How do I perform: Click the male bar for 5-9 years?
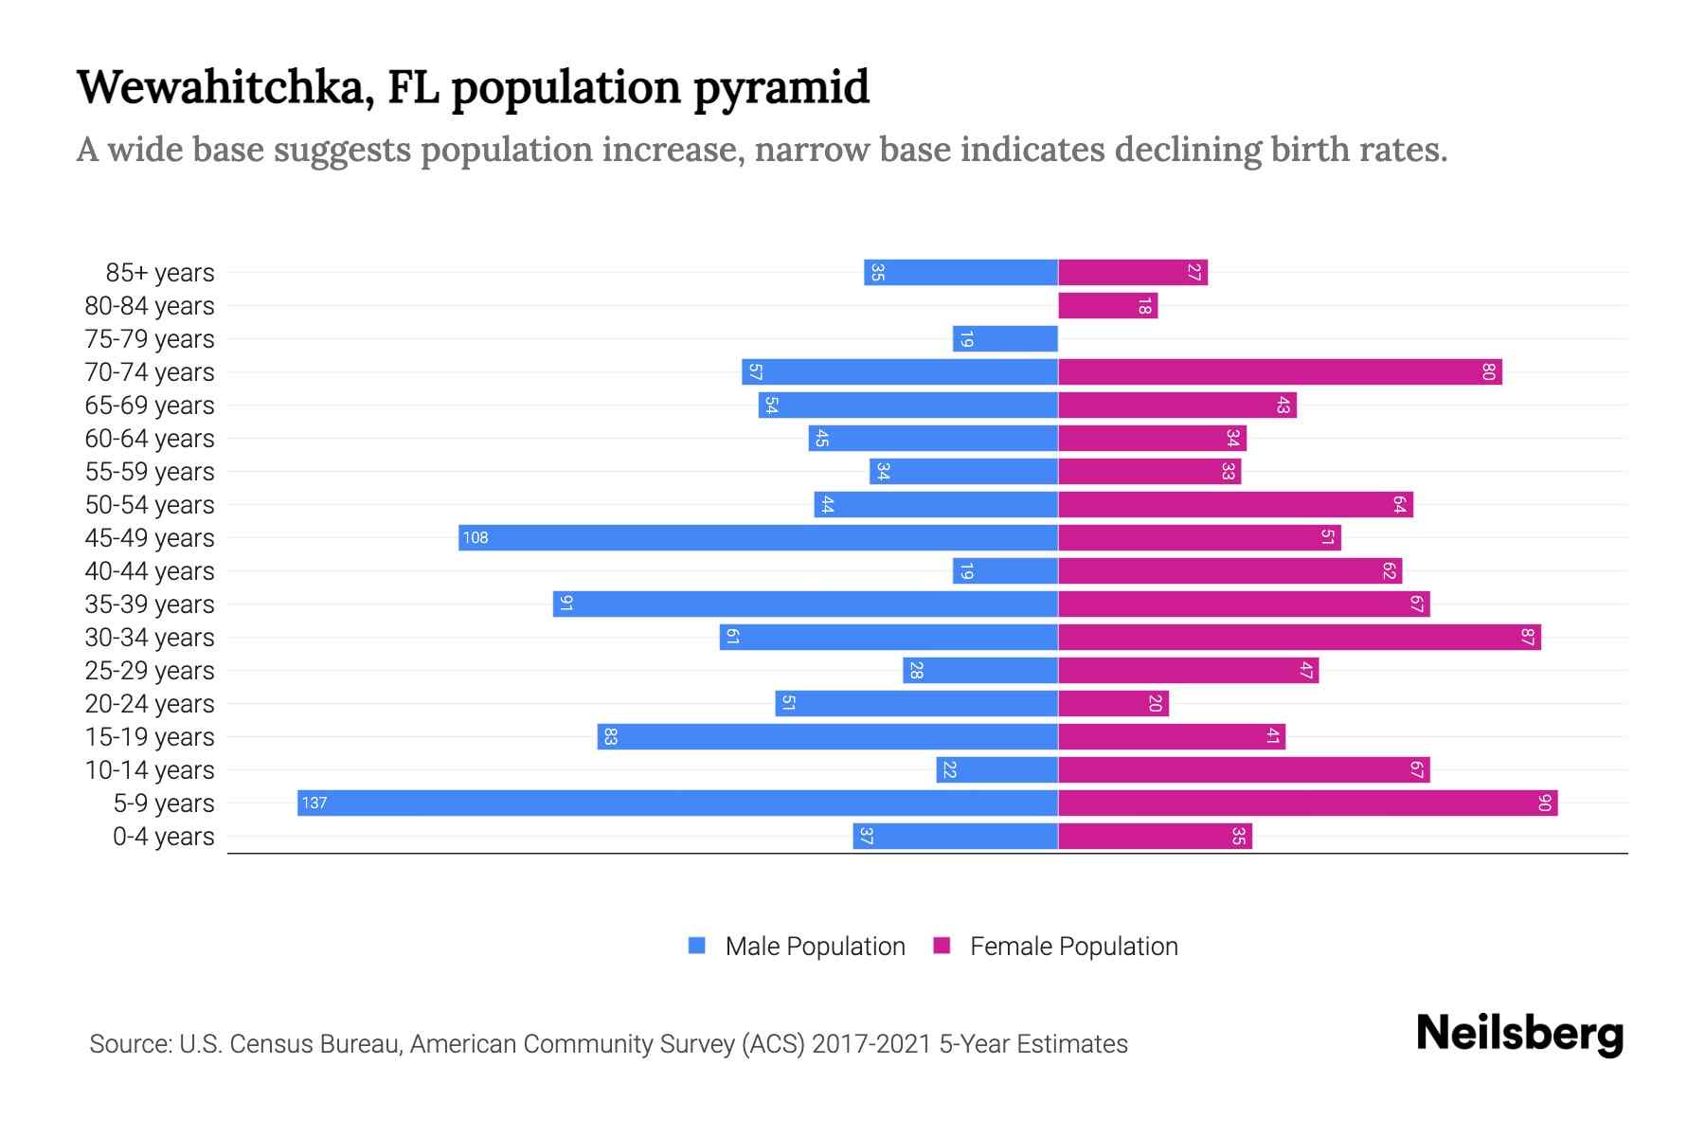(677, 803)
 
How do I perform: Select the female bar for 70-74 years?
(1280, 372)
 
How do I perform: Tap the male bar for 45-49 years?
(758, 538)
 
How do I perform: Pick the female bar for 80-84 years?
(1107, 306)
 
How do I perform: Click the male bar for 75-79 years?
(1005, 339)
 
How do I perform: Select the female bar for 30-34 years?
(1299, 638)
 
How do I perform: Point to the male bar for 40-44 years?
(1005, 571)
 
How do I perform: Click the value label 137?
(314, 803)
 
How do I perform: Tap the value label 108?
(476, 538)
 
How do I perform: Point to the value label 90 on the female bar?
(1544, 803)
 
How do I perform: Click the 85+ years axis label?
(160, 273)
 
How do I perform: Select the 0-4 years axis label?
(163, 837)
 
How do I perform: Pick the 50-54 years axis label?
(150, 505)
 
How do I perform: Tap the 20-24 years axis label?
(150, 704)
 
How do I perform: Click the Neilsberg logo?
(1519, 1034)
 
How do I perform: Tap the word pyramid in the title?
(781, 88)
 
